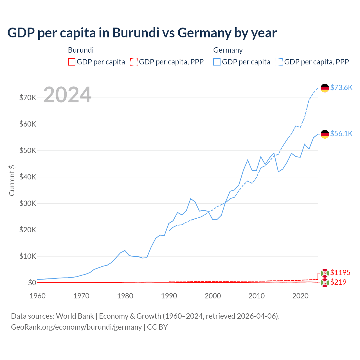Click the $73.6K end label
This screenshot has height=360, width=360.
[341, 87]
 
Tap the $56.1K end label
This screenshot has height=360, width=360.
[341, 134]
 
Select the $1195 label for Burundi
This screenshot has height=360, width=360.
[340, 273]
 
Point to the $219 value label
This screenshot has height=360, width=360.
[338, 282]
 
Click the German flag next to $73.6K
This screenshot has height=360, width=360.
[325, 88]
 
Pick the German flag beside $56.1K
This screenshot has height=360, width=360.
[325, 134]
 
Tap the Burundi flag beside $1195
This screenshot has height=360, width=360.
[325, 273]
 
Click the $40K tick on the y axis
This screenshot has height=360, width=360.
[28, 177]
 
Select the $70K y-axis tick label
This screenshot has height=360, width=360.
[28, 98]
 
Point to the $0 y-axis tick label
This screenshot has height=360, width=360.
[32, 283]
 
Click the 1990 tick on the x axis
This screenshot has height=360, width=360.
[169, 296]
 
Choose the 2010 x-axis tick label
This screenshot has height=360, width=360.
[256, 296]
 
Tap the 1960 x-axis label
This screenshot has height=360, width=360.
[38, 296]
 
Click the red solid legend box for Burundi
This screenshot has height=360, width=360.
[72, 62]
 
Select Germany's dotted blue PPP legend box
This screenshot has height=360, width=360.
[279, 62]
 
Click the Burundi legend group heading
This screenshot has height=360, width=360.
[81, 50]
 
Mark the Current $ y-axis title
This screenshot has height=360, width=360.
[12, 181]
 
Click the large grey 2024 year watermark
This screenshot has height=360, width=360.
[67, 95]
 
